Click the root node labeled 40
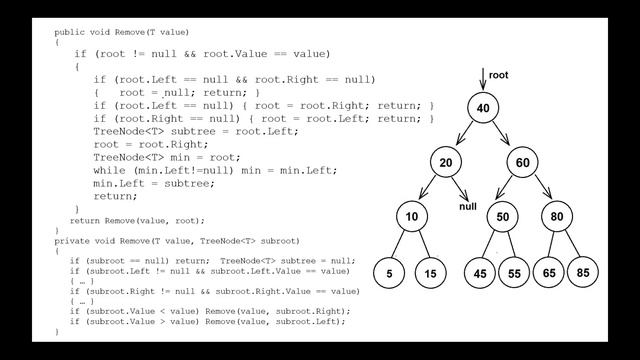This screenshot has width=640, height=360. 483,108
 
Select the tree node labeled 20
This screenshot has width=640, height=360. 446,162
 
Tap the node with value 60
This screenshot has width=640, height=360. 522,162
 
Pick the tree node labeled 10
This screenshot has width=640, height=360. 412,216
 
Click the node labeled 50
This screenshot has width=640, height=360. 502,216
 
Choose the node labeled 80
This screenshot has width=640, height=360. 557,216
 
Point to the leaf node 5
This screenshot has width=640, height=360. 389,273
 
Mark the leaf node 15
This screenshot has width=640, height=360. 431,273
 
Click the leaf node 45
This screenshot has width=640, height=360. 480,273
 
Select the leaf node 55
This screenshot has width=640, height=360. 514,273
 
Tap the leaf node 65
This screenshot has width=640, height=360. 549,272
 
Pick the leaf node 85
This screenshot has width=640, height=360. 583,272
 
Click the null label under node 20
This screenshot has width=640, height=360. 468,207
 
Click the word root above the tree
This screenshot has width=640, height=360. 498,75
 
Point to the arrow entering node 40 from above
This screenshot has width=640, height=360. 483,79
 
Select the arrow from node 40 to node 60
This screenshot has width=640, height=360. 501,133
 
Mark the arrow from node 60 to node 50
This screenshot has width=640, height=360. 504,187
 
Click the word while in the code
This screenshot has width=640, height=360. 109,170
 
